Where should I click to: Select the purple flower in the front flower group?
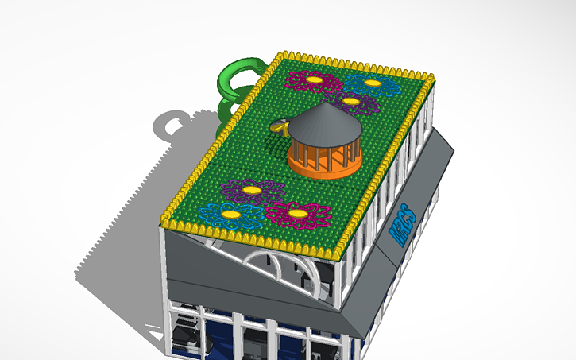pos(252,191)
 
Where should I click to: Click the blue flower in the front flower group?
pos(230,215)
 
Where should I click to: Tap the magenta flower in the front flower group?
pos(297,214)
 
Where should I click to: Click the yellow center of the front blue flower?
pos(230,214)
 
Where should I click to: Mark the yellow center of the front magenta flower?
pos(297,213)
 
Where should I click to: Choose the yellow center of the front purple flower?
pos(252,190)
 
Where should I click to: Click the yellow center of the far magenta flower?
pos(311,79)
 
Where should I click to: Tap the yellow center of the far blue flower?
pos(373,82)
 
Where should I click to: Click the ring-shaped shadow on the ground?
pos(172,126)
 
